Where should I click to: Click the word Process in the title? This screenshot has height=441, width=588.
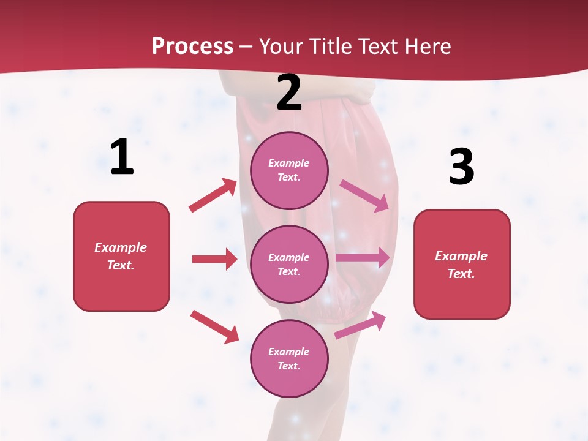192,47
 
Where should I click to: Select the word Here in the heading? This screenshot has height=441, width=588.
427,47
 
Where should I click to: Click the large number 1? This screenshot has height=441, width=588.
122,157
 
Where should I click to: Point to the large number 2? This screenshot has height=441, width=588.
289,92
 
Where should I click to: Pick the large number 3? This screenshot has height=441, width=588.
461,167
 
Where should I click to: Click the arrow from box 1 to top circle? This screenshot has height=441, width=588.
213,195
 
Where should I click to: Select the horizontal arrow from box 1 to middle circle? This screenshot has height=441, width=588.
214,259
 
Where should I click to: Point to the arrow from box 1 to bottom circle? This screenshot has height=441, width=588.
214,326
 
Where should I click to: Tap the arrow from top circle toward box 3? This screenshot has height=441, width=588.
364,195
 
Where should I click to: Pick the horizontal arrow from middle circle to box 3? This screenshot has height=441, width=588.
363,257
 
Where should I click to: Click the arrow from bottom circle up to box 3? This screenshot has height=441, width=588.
360,325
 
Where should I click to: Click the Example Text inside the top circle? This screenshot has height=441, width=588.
289,170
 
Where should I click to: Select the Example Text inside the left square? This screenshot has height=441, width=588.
121,256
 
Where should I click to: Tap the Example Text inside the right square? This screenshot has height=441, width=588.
462,265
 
